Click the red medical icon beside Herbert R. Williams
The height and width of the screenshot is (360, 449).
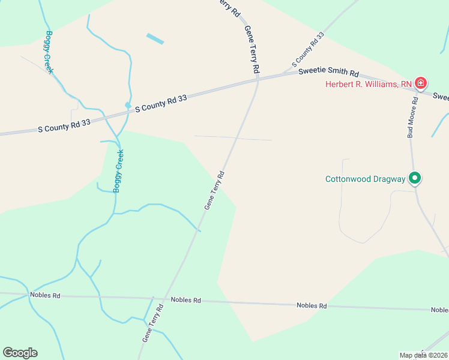421,83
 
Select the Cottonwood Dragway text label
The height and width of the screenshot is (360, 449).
365,179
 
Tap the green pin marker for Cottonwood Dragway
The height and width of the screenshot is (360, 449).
414,178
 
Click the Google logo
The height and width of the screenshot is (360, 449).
20,353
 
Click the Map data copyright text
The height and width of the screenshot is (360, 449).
423,355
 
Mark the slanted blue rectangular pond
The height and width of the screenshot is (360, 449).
155,39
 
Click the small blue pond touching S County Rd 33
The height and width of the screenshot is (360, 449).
128,106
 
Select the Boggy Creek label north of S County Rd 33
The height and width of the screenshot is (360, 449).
49,52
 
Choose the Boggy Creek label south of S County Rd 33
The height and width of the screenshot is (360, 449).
118,171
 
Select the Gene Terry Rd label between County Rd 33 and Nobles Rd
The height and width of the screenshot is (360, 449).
214,190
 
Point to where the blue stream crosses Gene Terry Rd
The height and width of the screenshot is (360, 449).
199,230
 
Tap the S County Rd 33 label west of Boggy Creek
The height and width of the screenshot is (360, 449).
64,125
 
